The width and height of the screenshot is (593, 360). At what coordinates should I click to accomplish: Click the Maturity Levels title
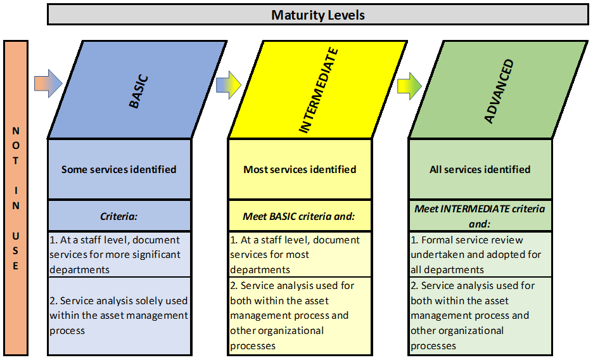317,15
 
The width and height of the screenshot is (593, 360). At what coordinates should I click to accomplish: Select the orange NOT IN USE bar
16,198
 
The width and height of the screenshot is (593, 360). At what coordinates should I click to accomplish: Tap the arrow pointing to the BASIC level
48,83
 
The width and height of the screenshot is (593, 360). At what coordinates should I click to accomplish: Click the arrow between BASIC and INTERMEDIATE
229,85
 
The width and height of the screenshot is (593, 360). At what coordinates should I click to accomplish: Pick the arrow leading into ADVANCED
409,87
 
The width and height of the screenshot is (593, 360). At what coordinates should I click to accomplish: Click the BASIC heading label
138,93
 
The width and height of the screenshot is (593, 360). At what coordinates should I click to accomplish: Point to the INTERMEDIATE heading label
318,91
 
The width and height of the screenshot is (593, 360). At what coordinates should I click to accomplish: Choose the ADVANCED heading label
499,91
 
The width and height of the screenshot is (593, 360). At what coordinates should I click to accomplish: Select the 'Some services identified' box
119,169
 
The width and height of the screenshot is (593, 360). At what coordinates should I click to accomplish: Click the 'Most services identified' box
300,169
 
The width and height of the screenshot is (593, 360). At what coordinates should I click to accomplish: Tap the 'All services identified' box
480,169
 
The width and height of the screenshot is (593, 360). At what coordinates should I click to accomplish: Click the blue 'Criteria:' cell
119,215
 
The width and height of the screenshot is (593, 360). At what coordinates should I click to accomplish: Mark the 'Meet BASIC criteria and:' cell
300,215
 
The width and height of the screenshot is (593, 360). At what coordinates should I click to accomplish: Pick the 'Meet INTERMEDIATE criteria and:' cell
480,215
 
